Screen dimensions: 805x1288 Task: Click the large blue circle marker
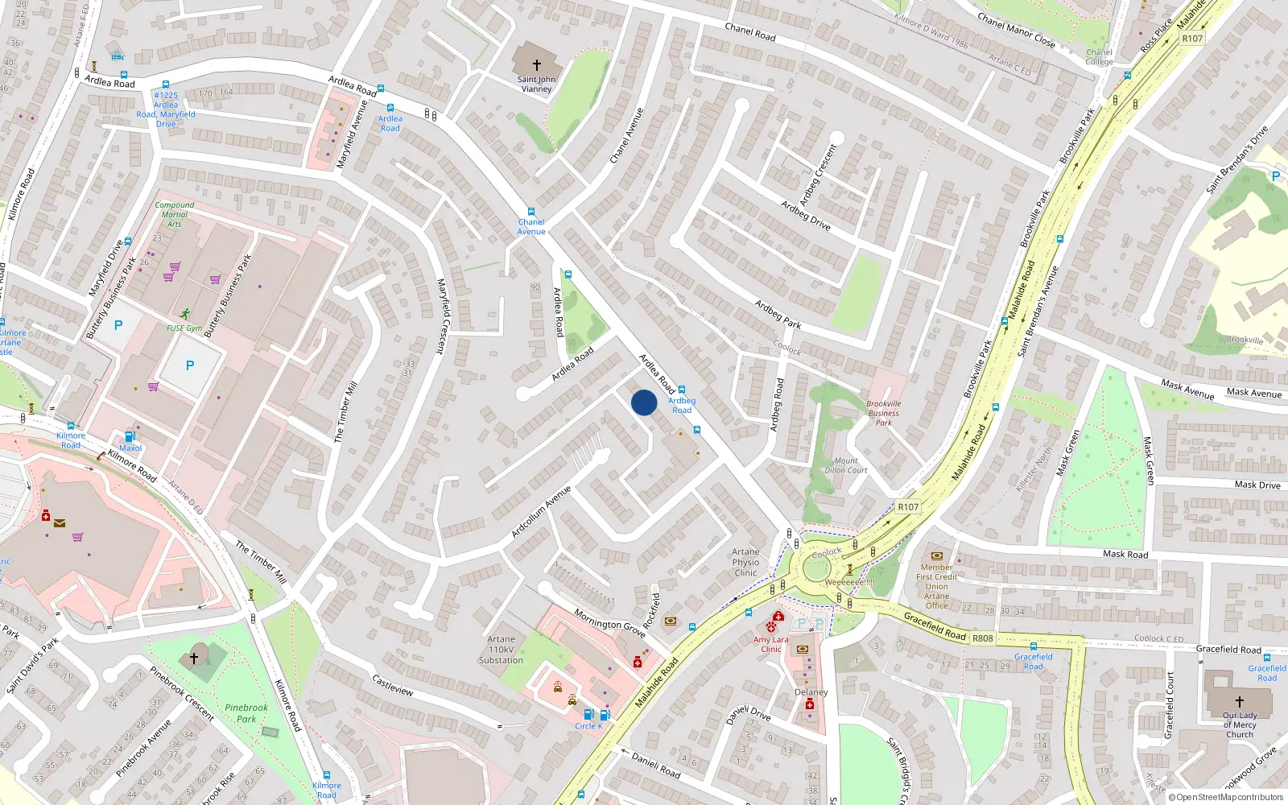tap(644, 402)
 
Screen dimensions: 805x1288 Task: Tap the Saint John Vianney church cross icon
tap(537, 65)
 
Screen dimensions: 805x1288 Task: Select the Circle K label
tap(588, 726)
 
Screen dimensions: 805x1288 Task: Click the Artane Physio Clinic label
tap(745, 563)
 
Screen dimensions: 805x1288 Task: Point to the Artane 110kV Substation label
tap(501, 650)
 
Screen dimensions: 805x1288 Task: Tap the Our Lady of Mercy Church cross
tap(1240, 702)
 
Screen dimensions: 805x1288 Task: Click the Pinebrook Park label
tap(246, 713)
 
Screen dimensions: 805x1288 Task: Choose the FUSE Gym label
tap(184, 328)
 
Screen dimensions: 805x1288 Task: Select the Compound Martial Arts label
tap(175, 214)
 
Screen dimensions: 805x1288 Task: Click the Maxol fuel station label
tap(130, 448)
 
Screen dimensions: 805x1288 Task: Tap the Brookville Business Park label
tap(884, 413)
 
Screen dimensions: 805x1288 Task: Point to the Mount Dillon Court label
tap(846, 465)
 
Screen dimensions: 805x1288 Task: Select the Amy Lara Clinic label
tap(771, 644)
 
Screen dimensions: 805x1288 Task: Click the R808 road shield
tap(983, 638)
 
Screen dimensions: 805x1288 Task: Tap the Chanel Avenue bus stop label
tap(531, 227)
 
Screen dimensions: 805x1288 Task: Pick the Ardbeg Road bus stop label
tap(682, 405)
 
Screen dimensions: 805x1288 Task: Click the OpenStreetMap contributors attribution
tap(1229, 798)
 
